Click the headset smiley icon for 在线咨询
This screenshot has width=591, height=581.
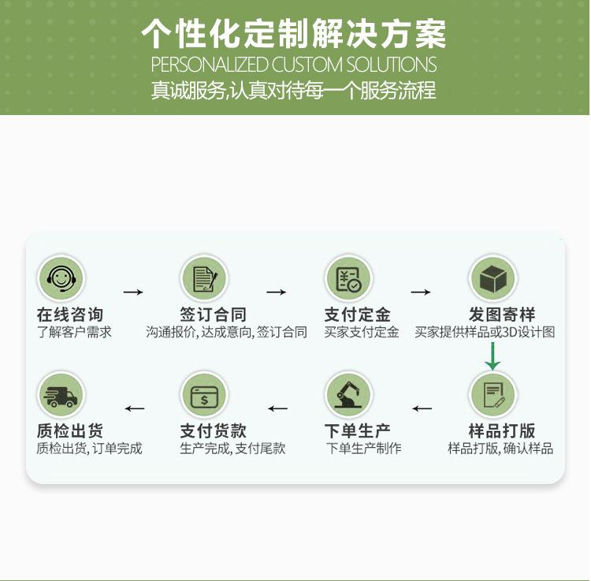tap(60, 277)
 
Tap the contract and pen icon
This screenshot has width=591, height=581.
tap(204, 277)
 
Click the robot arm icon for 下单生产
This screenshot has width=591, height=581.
tap(348, 394)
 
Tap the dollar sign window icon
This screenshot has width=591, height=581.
tap(204, 394)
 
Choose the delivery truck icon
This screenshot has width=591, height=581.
tap(60, 394)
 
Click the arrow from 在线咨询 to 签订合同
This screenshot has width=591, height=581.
tap(133, 292)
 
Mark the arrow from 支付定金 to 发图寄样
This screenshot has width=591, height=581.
tap(421, 292)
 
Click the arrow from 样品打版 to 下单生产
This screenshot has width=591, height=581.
tap(422, 408)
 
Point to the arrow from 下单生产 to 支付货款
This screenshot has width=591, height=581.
tap(277, 408)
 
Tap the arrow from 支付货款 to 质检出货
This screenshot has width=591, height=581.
tap(135, 408)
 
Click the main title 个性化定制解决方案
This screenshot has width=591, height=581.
tap(294, 34)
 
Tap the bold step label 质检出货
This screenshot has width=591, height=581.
tap(70, 431)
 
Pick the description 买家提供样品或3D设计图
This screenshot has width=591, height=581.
tap(485, 332)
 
